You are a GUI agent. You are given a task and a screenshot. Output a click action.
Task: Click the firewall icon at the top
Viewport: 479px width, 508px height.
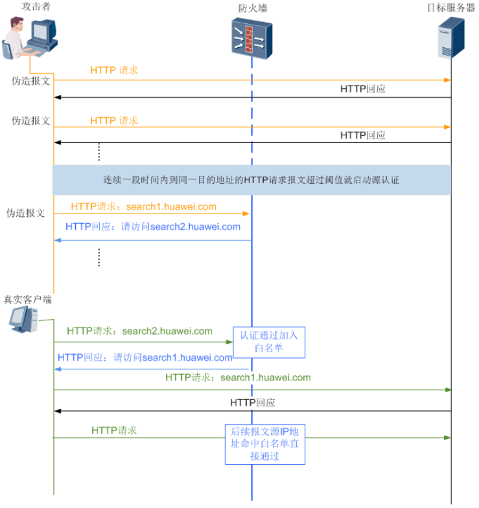251,39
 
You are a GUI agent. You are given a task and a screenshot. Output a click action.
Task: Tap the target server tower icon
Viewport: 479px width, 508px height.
451,38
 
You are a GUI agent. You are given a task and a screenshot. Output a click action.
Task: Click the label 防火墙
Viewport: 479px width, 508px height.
252,8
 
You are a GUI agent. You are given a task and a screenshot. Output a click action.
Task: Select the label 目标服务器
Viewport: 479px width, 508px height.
451,8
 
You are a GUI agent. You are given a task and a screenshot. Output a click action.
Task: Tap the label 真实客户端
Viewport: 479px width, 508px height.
28,300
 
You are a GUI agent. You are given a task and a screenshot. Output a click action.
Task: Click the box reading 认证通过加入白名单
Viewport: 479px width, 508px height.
269,342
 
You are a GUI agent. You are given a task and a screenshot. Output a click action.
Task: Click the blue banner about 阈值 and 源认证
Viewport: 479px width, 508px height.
251,180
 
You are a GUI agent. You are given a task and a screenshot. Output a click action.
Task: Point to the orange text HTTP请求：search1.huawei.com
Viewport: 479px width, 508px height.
143,207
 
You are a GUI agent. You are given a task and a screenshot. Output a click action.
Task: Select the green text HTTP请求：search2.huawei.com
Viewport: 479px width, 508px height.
139,331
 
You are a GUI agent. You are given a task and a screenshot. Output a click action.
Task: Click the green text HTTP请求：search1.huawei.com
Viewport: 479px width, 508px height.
238,377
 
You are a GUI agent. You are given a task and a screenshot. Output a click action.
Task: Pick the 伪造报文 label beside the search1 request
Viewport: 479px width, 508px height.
26,213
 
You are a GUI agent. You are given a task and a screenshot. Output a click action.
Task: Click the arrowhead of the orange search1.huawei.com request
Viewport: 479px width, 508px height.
247,214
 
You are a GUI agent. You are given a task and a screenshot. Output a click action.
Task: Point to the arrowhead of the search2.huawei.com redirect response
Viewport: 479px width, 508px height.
57,240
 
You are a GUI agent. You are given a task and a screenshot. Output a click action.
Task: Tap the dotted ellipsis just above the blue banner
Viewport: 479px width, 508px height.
99,151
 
